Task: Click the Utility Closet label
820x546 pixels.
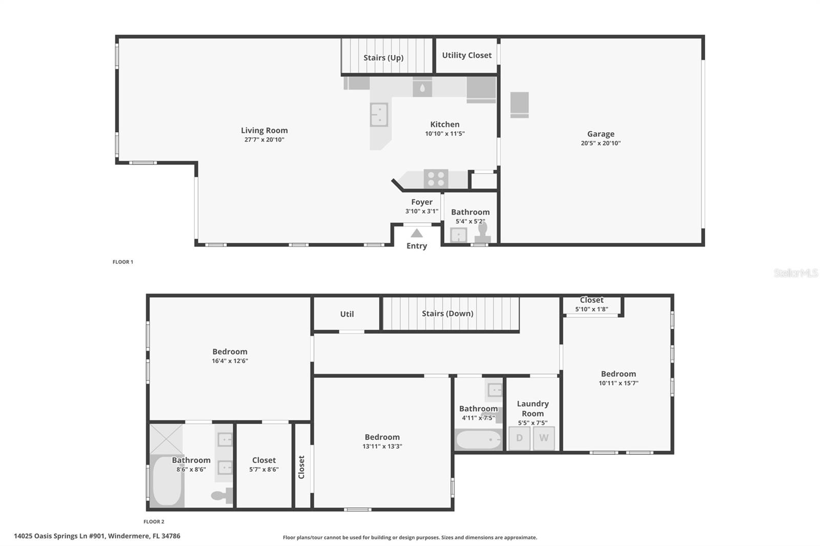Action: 466,55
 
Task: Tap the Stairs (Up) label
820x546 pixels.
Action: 383,58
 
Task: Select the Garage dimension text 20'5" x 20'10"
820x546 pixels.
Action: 601,143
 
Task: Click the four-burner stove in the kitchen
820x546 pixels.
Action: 436,179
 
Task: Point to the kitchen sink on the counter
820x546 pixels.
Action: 379,114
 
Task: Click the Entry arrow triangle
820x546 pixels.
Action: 417,234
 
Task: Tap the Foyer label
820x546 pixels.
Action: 422,202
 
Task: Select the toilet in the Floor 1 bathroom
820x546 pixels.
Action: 483,234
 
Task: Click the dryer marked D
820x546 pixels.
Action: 519,438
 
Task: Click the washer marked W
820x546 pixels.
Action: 544,438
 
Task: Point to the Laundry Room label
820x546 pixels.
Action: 532,409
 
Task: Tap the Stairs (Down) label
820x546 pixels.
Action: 447,313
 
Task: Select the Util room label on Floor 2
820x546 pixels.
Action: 347,314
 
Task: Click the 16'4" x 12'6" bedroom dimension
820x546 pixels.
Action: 230,361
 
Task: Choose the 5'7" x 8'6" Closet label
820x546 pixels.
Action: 264,460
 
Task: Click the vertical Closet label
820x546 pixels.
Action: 302,467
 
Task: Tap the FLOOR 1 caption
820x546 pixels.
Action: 123,262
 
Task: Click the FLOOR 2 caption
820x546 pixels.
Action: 154,521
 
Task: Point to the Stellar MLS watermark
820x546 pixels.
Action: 796,273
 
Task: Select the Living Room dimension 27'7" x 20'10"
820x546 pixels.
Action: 264,140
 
